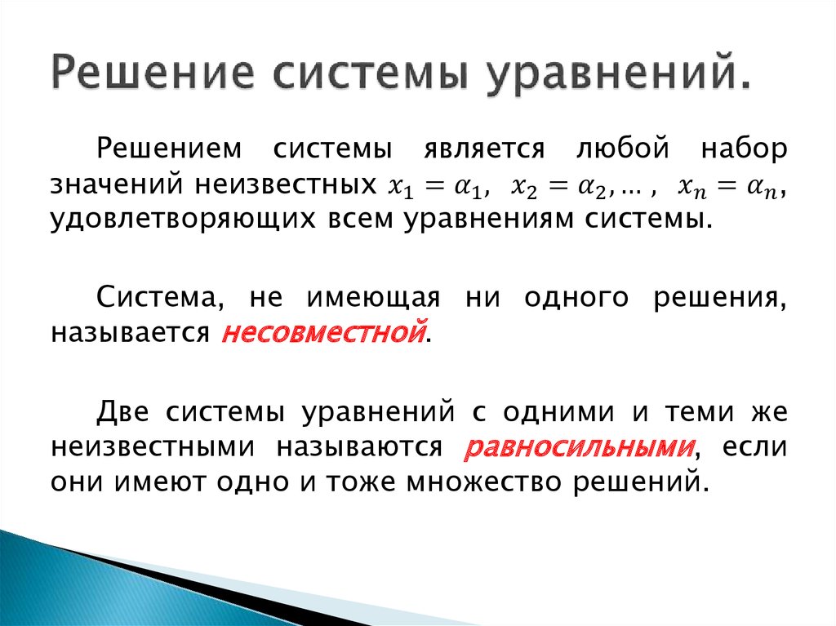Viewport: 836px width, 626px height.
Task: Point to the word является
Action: [x=473, y=150]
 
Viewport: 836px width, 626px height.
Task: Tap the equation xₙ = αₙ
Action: [x=730, y=187]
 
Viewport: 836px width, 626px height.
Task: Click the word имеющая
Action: [x=384, y=297]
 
